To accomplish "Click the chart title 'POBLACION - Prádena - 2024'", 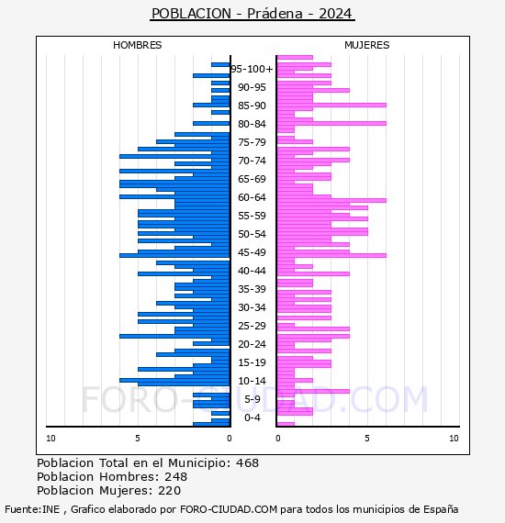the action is [252, 14].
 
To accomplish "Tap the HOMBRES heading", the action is [137, 45].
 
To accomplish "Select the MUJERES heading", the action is [367, 45].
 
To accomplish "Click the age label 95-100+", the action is [252, 69].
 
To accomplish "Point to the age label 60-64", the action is [252, 197].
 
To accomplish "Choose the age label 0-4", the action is [252, 417].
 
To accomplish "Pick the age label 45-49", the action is [252, 252].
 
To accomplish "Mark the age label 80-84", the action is [252, 124].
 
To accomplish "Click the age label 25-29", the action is [252, 326].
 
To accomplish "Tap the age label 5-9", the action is [252, 399].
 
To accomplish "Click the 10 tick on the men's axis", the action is [50, 439].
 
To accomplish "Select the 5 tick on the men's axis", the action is [138, 439].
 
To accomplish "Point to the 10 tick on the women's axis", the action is [454, 439].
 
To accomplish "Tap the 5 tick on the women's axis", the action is [367, 439].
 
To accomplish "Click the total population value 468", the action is [247, 463].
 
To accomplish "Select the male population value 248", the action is [176, 476].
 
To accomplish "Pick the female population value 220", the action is [170, 490].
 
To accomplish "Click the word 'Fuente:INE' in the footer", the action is [32, 509].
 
